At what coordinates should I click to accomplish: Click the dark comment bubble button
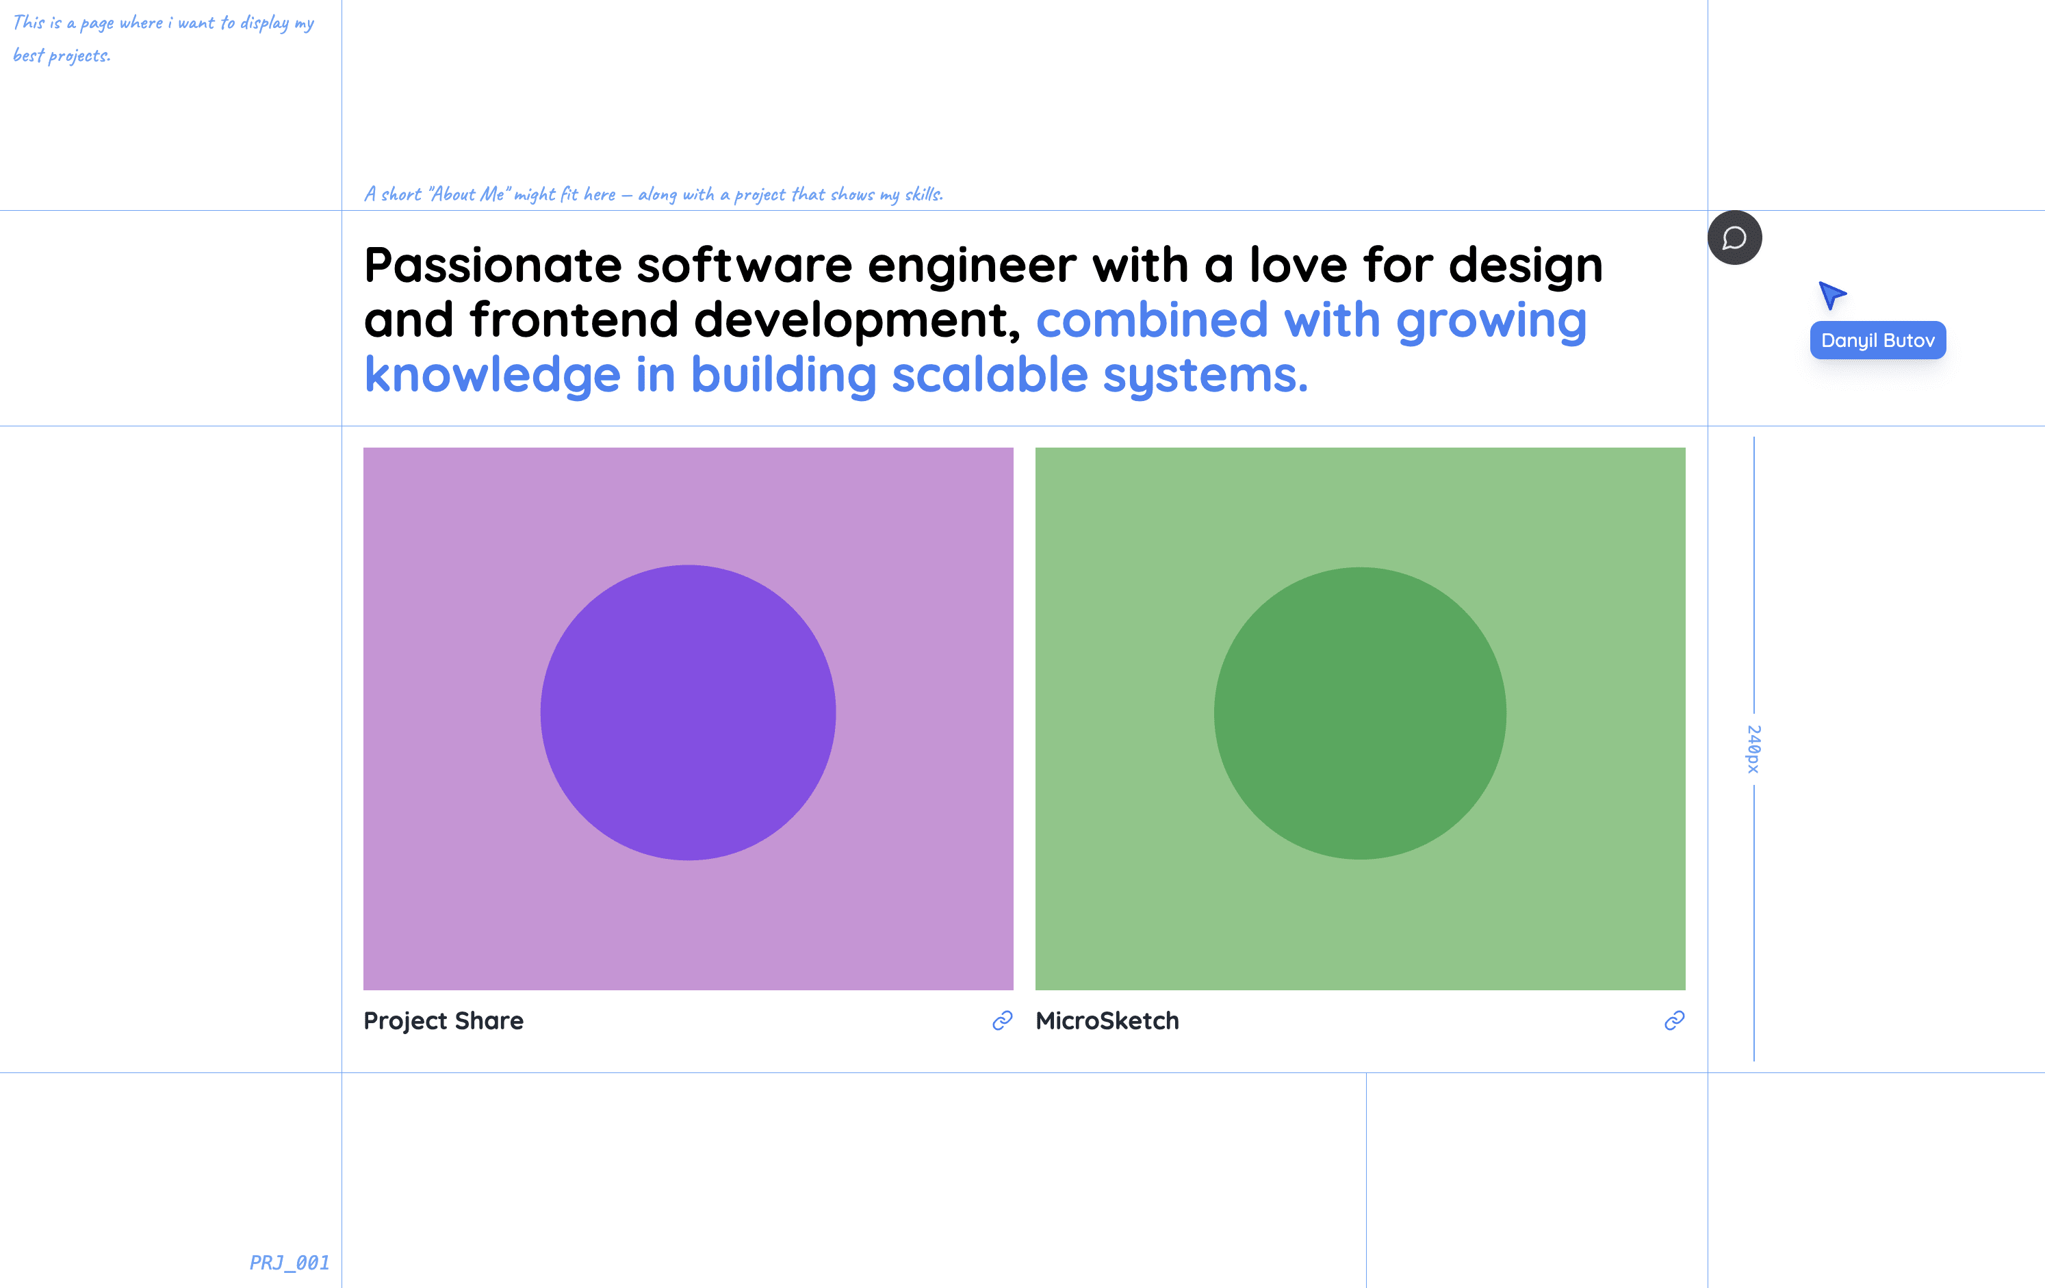(1734, 237)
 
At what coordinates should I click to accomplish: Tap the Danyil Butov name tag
(1878, 340)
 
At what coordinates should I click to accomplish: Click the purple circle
(688, 712)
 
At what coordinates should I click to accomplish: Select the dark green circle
(1360, 713)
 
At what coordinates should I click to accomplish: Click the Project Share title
(443, 1020)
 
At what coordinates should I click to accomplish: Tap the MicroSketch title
(1107, 1020)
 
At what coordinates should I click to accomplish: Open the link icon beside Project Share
(1002, 1020)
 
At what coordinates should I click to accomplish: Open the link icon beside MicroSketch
(1674, 1020)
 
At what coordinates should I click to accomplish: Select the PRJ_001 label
(290, 1263)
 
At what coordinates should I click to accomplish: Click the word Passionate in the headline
(493, 265)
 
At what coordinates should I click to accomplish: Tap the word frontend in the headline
(574, 320)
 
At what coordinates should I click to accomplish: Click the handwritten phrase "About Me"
(466, 194)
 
